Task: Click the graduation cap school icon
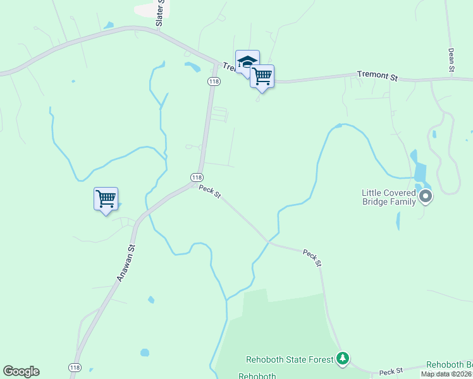click(x=247, y=62)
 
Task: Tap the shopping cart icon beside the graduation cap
click(x=262, y=76)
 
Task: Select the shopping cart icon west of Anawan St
click(x=106, y=199)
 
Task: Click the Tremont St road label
click(x=377, y=75)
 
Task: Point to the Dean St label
click(x=451, y=60)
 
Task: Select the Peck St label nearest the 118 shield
click(x=209, y=191)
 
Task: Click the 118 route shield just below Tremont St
click(x=214, y=81)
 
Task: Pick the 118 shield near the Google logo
click(x=75, y=368)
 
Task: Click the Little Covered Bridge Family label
click(x=388, y=197)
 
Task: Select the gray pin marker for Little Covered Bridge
click(x=426, y=197)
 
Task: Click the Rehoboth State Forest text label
click(x=290, y=360)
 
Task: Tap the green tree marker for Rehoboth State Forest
click(x=343, y=359)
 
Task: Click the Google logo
click(x=21, y=371)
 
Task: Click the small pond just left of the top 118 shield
click(x=192, y=66)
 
